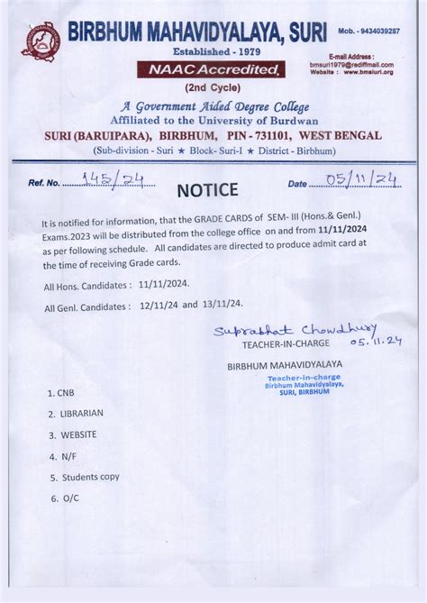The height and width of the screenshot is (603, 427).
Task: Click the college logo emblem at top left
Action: pos(41,41)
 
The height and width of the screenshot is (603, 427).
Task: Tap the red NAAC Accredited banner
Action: pos(211,69)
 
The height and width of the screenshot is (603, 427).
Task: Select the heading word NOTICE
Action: pos(207,189)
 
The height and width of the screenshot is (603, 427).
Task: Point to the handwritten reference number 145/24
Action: pos(113,179)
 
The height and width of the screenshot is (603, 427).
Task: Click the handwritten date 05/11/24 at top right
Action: pos(363,180)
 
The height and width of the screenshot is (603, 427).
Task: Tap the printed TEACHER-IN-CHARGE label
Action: pos(286,343)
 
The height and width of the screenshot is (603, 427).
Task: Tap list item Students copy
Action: pos(90,477)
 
